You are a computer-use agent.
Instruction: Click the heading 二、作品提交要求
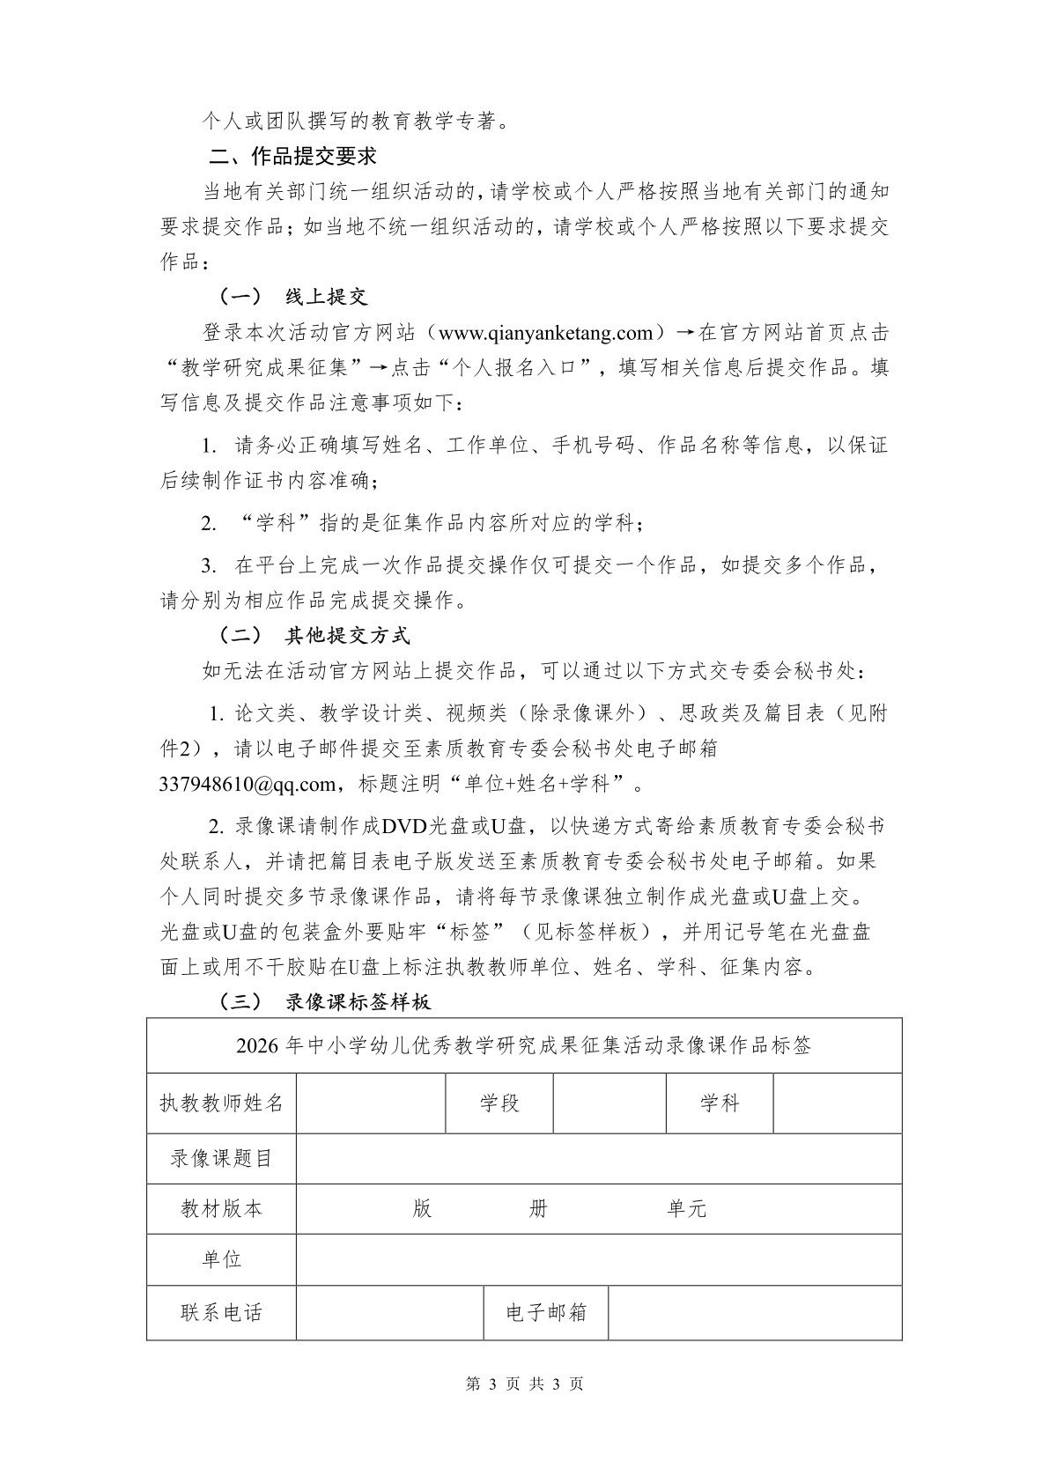[x=292, y=157]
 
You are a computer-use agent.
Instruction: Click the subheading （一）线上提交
[x=292, y=297]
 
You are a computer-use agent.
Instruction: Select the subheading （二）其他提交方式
[x=314, y=635]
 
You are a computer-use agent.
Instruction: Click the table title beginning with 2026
[x=524, y=1046]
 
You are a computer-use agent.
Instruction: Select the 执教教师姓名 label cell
[x=222, y=1103]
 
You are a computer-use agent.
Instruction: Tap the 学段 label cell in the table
[x=499, y=1103]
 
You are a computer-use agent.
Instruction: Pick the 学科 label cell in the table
[x=720, y=1103]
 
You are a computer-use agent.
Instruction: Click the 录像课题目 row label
[x=222, y=1158]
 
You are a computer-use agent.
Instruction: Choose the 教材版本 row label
[x=222, y=1208]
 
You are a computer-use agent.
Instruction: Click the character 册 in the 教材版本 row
[x=538, y=1208]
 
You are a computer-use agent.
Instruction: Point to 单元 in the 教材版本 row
[x=687, y=1208]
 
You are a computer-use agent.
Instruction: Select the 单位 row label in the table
[x=222, y=1258]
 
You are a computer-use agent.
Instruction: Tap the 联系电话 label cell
[x=222, y=1312]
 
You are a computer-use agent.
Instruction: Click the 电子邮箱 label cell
[x=546, y=1312]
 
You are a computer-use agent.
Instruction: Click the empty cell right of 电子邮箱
[x=755, y=1312]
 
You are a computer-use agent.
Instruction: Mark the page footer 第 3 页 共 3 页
[x=524, y=1383]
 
